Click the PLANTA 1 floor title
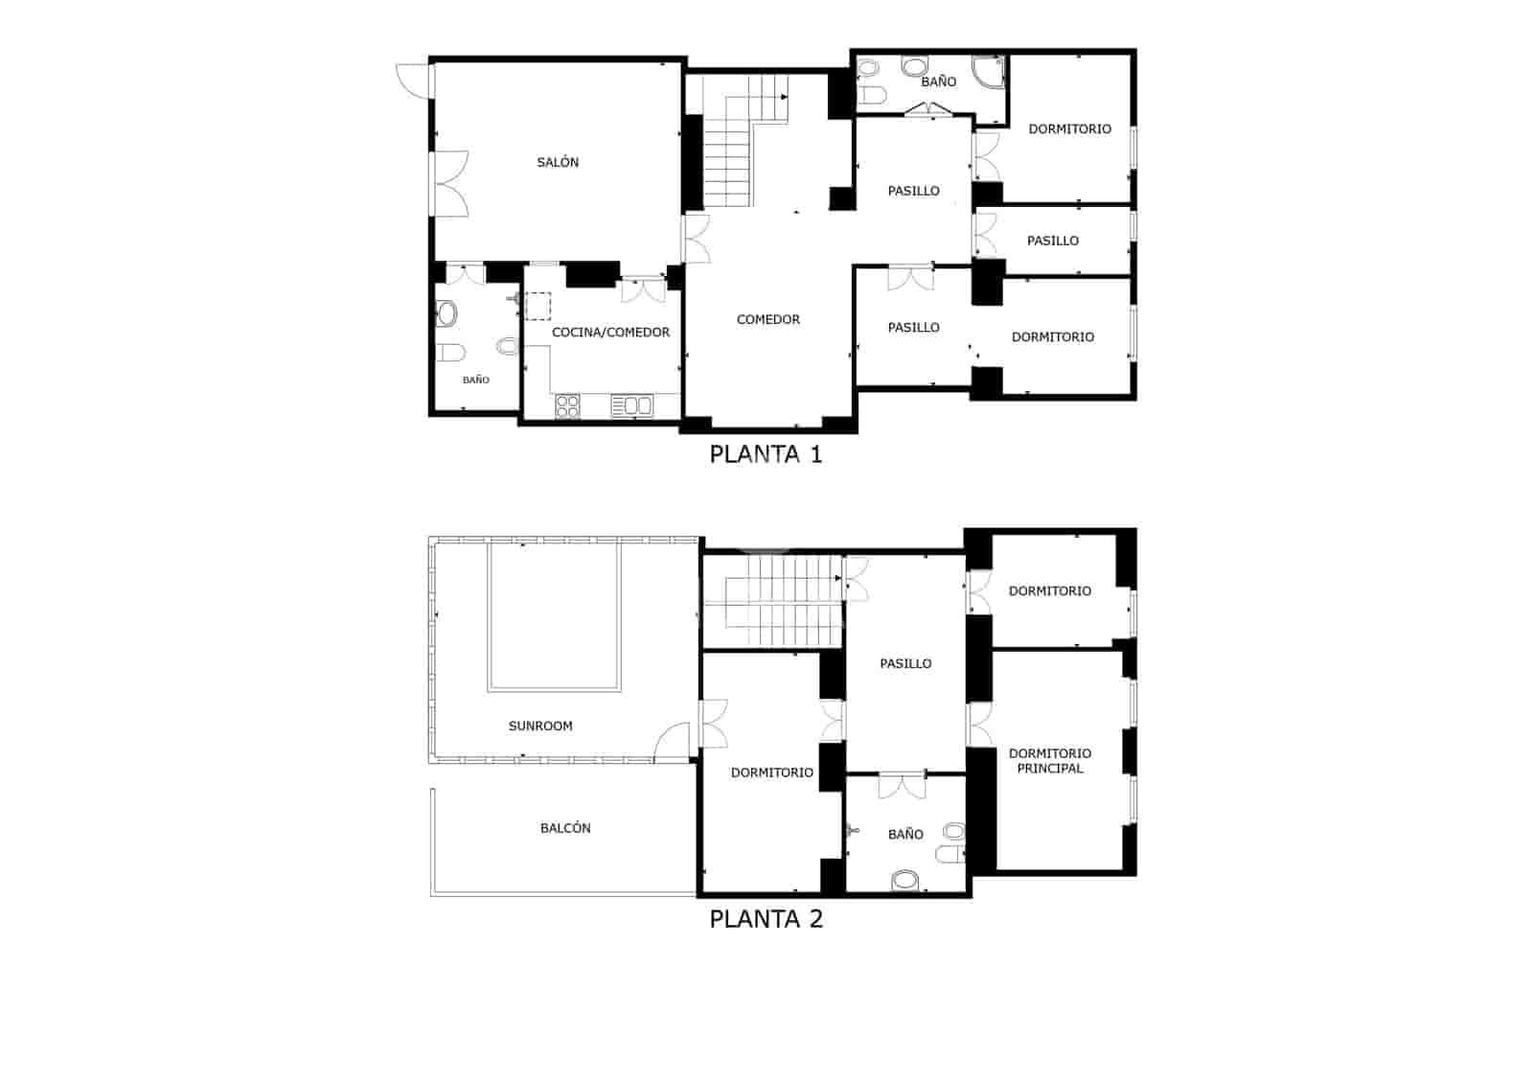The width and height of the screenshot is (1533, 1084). (x=766, y=454)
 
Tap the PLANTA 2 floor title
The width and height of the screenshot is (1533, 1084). (x=766, y=919)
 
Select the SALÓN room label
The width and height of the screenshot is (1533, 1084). (x=558, y=163)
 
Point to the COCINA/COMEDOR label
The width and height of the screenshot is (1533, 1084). (x=610, y=333)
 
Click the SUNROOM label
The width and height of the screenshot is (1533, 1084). (x=540, y=727)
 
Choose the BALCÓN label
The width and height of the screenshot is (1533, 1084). (x=565, y=828)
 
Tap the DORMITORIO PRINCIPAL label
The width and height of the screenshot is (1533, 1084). (x=1050, y=761)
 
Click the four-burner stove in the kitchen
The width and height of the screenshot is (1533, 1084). (x=568, y=406)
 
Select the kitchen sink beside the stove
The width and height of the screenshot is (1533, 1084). (x=631, y=406)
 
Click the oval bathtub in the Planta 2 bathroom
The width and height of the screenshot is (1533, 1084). (x=904, y=880)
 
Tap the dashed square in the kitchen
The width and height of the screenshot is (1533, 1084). (x=538, y=306)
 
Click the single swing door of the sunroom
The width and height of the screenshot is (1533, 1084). (x=675, y=740)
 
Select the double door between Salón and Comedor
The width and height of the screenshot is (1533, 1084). (x=696, y=239)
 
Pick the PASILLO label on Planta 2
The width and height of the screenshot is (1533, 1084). (x=905, y=663)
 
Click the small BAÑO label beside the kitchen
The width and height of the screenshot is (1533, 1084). (x=475, y=381)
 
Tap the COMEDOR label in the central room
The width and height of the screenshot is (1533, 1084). (x=767, y=320)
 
